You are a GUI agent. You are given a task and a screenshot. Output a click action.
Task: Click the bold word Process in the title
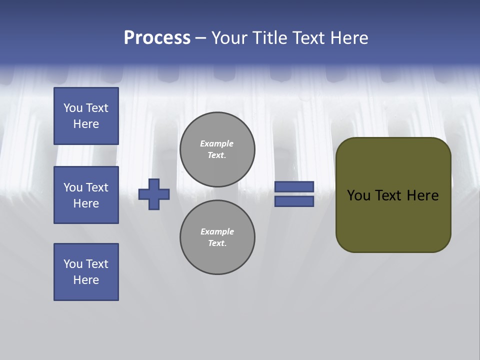157,38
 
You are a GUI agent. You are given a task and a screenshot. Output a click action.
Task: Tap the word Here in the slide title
349,38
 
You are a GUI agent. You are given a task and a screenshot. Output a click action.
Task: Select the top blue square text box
86,116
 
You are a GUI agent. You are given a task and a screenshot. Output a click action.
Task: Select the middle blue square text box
86,195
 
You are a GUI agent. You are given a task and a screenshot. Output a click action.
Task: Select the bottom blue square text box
86,272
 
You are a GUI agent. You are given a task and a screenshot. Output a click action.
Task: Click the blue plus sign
154,194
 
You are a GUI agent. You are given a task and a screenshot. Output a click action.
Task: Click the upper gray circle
217,149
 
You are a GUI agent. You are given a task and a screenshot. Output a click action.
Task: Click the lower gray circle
217,237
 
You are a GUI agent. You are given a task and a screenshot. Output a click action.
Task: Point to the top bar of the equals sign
294,186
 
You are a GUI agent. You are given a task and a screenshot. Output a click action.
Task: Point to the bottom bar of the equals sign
294,201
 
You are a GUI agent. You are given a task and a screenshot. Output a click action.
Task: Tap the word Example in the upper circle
216,143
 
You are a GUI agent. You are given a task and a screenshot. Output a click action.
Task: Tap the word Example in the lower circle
217,231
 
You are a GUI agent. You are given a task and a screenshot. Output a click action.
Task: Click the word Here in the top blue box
86,124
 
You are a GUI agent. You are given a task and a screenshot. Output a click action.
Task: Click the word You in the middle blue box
72,187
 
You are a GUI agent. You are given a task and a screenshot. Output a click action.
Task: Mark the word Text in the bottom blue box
97,264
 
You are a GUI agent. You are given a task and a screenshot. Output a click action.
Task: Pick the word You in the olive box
358,195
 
